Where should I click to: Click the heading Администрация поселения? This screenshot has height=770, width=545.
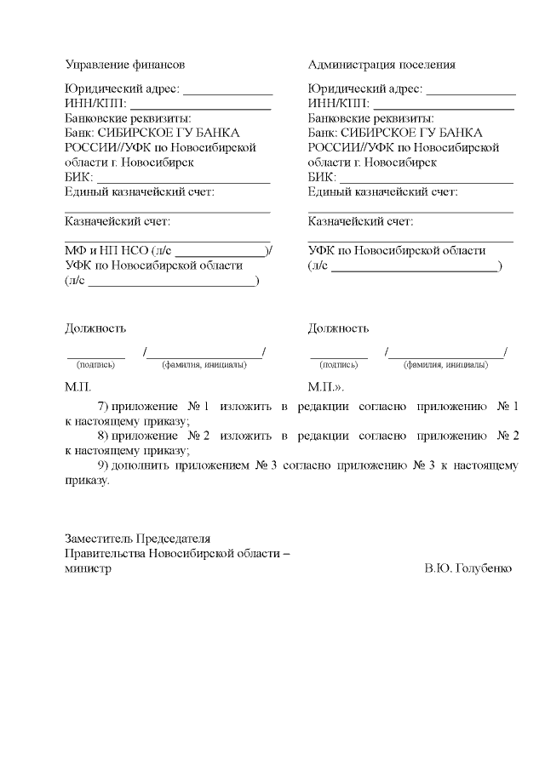tap(381, 65)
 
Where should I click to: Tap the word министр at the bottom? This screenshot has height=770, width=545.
tap(88, 568)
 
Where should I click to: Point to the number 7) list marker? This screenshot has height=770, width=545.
tap(105, 407)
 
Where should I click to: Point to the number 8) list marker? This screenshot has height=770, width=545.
tap(105, 436)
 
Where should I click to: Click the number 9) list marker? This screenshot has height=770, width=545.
tap(105, 465)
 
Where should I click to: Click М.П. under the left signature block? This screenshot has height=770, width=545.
tap(77, 387)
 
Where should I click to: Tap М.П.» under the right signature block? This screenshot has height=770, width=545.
tap(325, 387)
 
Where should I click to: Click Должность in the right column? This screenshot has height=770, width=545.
tap(338, 328)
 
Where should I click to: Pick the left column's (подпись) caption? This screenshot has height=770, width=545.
tap(95, 365)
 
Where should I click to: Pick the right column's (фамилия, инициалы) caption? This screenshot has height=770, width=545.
tap(445, 365)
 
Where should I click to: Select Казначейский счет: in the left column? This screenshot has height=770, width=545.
tap(118, 222)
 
